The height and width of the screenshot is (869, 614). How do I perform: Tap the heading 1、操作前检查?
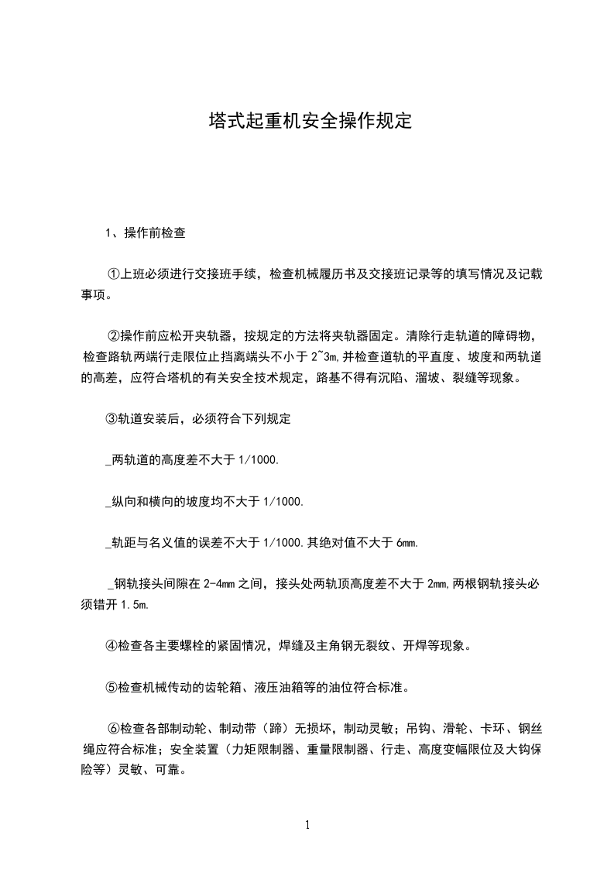[x=145, y=232]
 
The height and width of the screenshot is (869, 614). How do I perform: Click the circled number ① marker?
[x=112, y=273]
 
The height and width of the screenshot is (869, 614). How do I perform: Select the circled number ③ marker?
[x=111, y=419]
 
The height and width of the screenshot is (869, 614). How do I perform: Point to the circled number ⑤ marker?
[x=111, y=687]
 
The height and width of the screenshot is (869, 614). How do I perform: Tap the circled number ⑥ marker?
[x=112, y=729]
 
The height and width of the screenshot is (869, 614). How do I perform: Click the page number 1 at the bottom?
[x=307, y=825]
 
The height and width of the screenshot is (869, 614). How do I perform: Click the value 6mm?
[x=407, y=544]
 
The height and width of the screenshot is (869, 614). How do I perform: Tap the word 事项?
[x=94, y=294]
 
